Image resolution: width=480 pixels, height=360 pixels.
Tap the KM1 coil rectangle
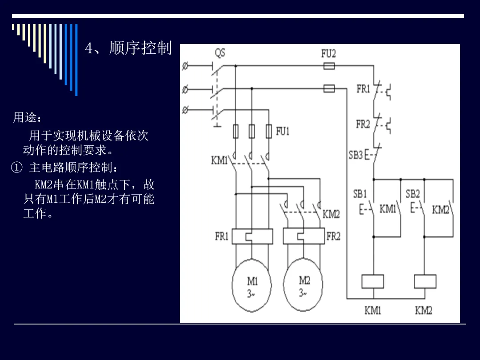[x=372, y=282]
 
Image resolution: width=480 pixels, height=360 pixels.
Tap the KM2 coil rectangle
[x=425, y=282]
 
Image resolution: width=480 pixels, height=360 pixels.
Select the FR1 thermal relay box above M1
[x=252, y=236]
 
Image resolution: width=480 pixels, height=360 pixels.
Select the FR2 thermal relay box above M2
[x=304, y=236]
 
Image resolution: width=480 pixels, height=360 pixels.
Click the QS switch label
[x=220, y=52]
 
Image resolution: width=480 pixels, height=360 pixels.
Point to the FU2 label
[x=328, y=54]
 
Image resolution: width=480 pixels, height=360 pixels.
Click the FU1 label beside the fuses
[x=283, y=131]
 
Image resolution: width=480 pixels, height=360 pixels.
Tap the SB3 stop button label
[x=356, y=155]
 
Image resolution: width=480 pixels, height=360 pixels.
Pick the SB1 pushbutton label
[x=360, y=194]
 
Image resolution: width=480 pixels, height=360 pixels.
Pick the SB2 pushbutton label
[x=412, y=194]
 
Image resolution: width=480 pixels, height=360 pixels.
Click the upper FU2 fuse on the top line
[x=329, y=66]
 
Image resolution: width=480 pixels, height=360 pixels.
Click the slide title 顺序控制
[x=140, y=48]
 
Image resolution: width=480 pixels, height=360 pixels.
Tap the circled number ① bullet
[x=17, y=168]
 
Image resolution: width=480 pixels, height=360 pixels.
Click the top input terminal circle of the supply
[x=185, y=66]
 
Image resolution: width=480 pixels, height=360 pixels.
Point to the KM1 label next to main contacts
[x=219, y=160]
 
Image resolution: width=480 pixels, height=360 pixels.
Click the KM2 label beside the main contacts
[x=331, y=214]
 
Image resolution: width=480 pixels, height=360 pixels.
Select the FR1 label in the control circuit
[x=363, y=89]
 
